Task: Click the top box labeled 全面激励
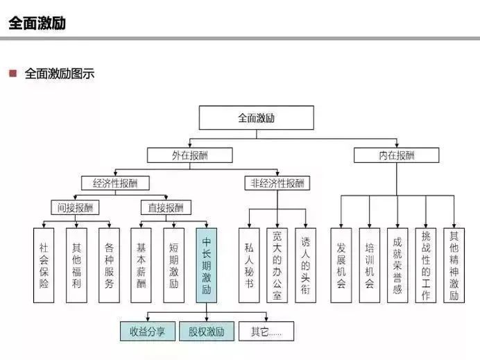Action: (256, 118)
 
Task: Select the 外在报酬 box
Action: (189, 155)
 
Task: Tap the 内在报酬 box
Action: (396, 155)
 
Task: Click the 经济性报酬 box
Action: (114, 183)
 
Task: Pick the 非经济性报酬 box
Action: (277, 183)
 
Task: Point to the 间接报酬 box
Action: (76, 207)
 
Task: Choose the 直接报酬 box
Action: (166, 207)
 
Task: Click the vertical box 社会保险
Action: (44, 265)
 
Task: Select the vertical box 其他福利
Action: (76, 265)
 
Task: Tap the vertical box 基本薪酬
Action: (142, 265)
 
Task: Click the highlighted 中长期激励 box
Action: (206, 265)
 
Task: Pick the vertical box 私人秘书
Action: (249, 265)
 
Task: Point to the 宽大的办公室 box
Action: (277, 265)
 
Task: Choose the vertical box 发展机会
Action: (341, 265)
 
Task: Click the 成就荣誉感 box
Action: (397, 265)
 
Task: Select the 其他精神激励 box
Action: (454, 265)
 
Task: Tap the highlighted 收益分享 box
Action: (147, 331)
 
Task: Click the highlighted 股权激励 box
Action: (207, 331)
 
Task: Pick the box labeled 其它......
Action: (266, 331)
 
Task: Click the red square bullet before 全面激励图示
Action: (12, 73)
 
